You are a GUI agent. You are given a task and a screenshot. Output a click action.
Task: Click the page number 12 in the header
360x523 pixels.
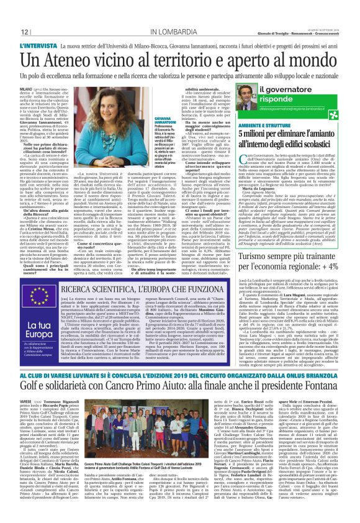coord(24,32)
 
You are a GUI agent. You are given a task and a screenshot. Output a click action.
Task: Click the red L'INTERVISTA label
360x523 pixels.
coord(40,46)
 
